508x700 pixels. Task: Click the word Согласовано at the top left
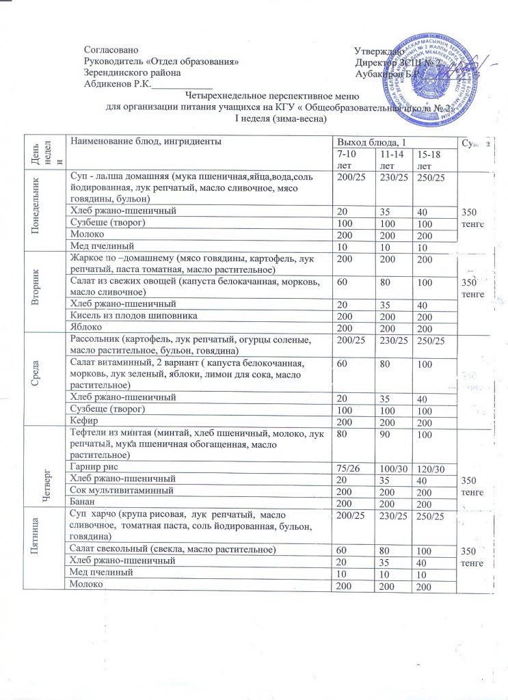(110, 51)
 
